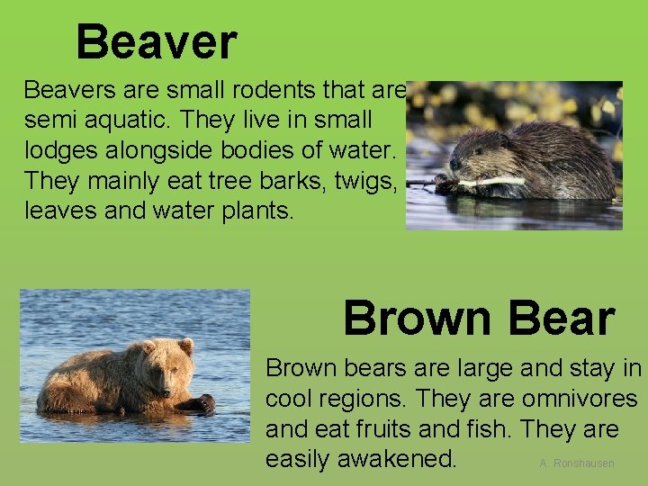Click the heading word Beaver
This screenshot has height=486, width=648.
click(x=156, y=42)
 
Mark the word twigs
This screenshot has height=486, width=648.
click(x=364, y=180)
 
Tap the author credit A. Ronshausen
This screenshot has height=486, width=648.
click(x=577, y=463)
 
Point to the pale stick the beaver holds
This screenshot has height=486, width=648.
click(x=492, y=182)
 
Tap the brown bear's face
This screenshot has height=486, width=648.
click(x=171, y=368)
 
